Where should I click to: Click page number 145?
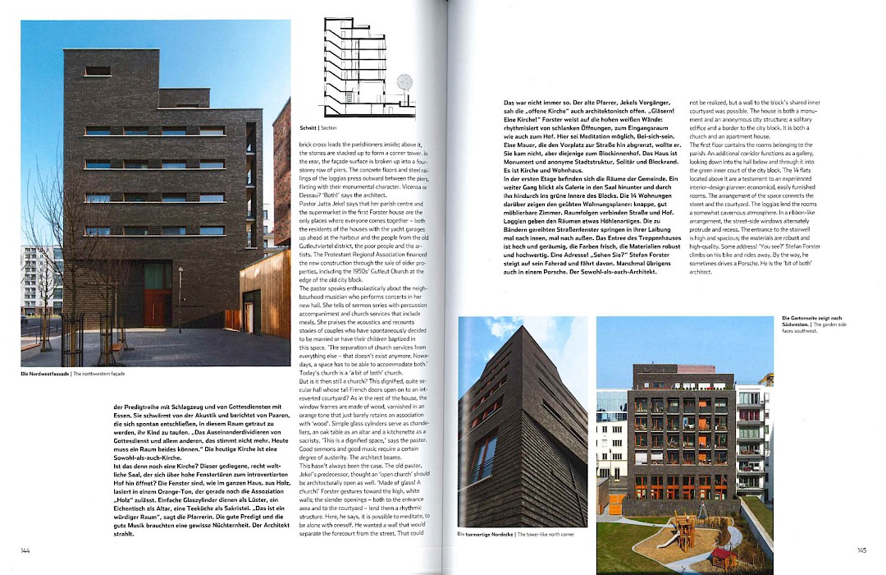pyautogui.click(x=861, y=550)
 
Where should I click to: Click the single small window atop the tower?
pyautogui.click(x=98, y=71)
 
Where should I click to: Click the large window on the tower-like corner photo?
pyautogui.click(x=484, y=461)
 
